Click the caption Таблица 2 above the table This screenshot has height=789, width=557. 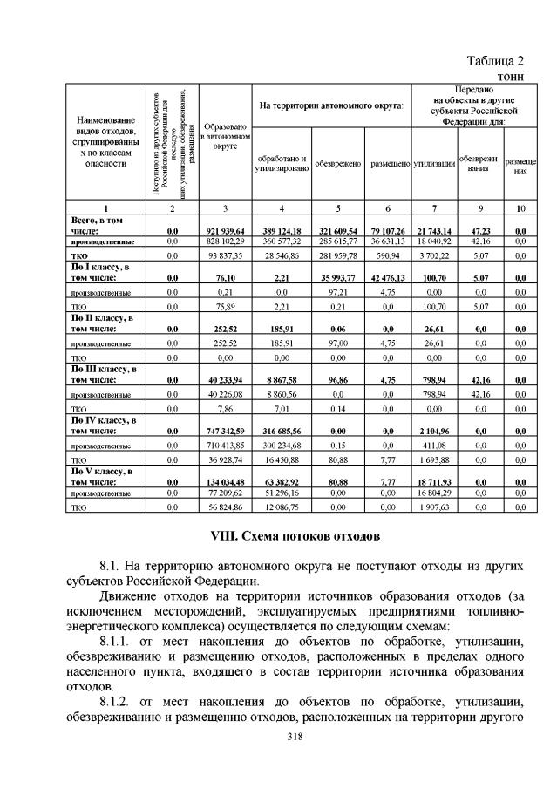point(494,60)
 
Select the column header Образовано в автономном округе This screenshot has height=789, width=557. point(225,139)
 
